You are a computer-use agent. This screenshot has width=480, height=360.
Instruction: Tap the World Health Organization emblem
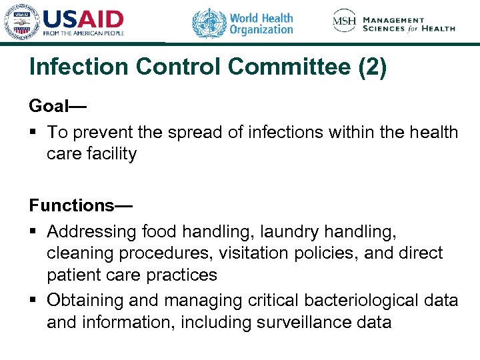pyautogui.click(x=209, y=23)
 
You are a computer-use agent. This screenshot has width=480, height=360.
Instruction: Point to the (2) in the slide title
pyautogui.click(x=371, y=68)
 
